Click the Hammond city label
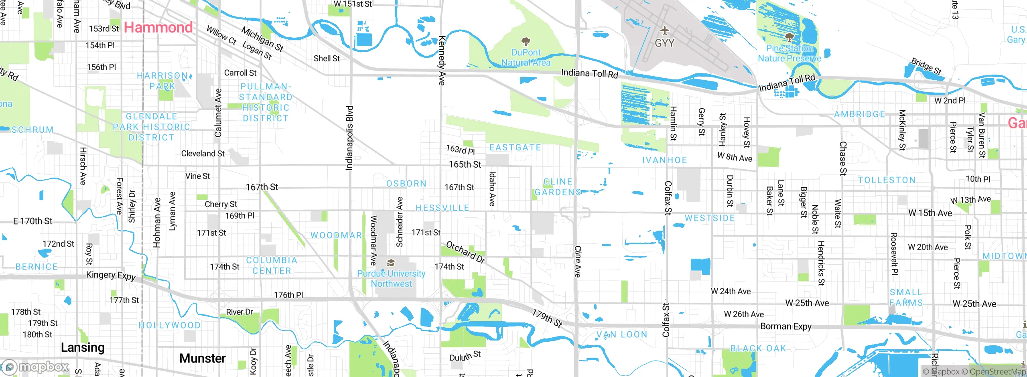point(158,27)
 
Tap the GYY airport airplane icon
point(664,30)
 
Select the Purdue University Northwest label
point(391,278)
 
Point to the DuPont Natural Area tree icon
point(526,41)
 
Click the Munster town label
point(202,358)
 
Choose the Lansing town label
point(83,347)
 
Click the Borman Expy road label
point(785,326)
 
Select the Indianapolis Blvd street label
point(349,138)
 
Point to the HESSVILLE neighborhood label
point(442,208)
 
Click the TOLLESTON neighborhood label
point(887,180)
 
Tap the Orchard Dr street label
point(465,252)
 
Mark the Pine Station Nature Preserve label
point(789,53)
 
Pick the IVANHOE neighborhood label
point(664,160)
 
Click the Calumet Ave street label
point(218,113)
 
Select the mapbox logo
point(36,367)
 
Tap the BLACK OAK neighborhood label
point(758,349)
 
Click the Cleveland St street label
point(203,154)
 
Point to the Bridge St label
point(926,67)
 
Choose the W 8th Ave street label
point(735,157)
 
